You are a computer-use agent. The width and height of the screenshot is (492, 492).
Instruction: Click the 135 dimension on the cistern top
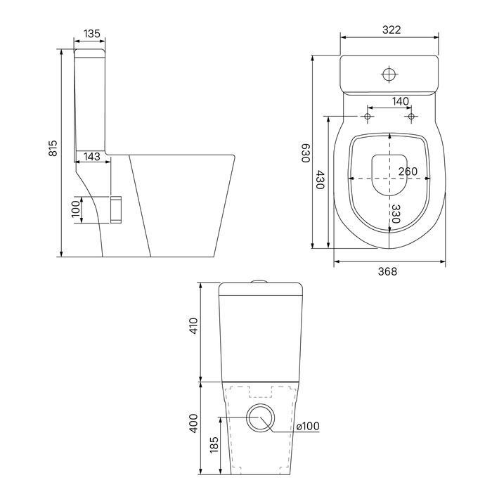click(x=92, y=34)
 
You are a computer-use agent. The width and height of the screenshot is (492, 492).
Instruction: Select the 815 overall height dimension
click(x=53, y=148)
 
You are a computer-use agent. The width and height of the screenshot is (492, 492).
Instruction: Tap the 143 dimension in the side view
click(x=92, y=156)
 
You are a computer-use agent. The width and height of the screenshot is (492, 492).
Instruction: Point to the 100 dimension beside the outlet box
click(x=76, y=209)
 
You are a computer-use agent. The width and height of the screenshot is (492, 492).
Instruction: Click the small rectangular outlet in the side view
click(x=116, y=209)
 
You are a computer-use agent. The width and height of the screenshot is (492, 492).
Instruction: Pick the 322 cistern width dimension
click(x=391, y=30)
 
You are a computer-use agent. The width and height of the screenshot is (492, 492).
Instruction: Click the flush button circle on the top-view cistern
click(x=389, y=75)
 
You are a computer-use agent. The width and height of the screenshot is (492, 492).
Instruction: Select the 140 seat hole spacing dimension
click(x=401, y=101)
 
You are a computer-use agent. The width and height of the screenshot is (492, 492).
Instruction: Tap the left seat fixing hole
click(x=368, y=117)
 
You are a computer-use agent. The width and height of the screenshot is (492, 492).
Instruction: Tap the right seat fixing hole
click(x=411, y=117)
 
